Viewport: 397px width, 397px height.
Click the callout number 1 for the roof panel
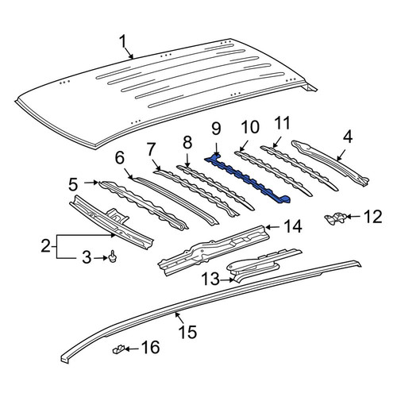click(122, 42)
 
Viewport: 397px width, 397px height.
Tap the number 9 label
click(216, 129)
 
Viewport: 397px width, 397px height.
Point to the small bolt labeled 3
click(113, 256)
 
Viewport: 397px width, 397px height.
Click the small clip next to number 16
click(118, 349)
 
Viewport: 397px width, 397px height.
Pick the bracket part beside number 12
click(335, 218)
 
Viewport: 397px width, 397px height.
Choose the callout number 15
click(188, 332)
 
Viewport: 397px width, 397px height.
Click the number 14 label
click(293, 226)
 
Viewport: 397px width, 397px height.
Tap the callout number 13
click(210, 279)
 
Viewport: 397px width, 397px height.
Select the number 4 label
click(348, 137)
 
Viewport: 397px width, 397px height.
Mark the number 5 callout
click(73, 184)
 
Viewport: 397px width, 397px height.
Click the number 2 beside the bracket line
click(45, 246)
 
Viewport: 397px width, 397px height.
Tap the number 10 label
click(250, 127)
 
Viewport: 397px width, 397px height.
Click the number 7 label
click(151, 149)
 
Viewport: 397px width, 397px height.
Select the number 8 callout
click(187, 143)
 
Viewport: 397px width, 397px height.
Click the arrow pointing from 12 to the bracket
click(353, 217)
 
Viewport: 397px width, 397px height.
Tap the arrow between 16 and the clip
click(132, 349)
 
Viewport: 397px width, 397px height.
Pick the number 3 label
click(87, 257)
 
